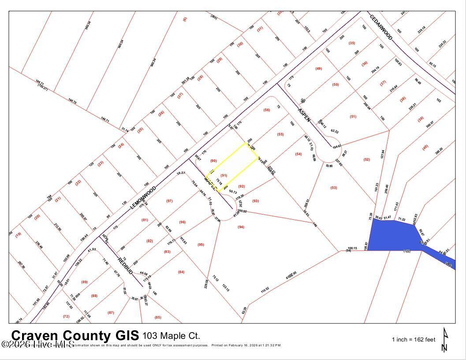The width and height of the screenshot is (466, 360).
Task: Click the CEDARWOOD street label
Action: pos(381,27)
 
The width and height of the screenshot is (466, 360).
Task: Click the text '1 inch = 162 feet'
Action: pos(414,340)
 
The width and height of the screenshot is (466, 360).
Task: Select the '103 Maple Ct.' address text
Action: pos(171,336)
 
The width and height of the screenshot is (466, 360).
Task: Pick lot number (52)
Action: pos(367,159)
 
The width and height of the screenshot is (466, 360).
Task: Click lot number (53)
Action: pos(333,188)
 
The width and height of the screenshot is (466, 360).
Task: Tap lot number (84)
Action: pos(181,272)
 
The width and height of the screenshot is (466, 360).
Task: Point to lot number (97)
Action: pos(169,201)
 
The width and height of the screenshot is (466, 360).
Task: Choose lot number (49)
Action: pos(319,68)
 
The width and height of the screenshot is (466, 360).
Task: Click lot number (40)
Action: pos(425,147)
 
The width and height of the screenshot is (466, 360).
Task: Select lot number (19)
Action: pos(18,235)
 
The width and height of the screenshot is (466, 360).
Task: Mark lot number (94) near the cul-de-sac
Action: pos(241,227)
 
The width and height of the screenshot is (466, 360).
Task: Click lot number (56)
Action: pos(266,110)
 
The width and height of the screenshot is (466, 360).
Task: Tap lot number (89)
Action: pos(84,282)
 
